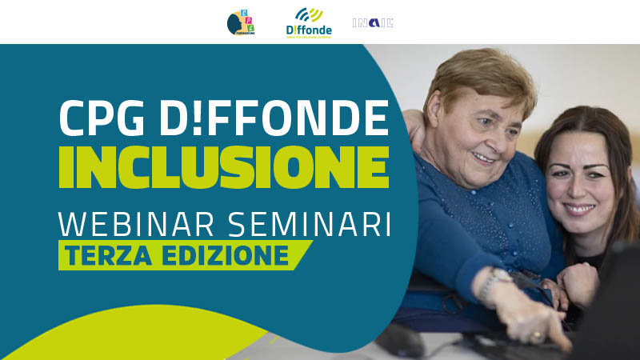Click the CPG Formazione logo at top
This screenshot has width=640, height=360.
point(241,23)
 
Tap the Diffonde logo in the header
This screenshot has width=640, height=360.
point(308,23)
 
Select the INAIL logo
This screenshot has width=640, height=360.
point(373,23)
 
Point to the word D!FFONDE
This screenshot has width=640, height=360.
point(275,121)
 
